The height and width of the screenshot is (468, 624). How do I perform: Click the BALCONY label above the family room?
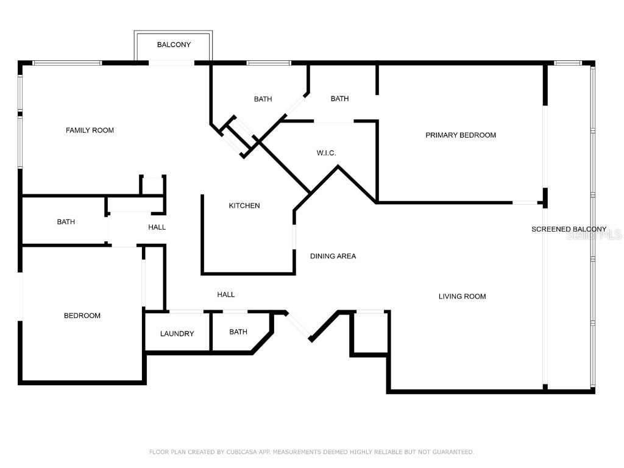click(x=174, y=44)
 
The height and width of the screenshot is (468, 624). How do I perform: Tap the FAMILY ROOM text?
click(x=90, y=130)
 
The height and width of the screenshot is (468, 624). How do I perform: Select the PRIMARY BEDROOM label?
click(x=460, y=135)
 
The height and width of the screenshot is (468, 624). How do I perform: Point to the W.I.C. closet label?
click(x=326, y=153)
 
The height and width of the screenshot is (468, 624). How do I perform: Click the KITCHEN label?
click(x=244, y=206)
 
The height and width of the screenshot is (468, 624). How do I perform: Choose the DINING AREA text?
click(x=333, y=257)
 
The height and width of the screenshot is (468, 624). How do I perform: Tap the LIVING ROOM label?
click(x=462, y=297)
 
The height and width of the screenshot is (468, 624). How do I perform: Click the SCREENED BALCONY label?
click(x=569, y=230)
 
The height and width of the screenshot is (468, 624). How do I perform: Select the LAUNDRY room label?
click(x=177, y=334)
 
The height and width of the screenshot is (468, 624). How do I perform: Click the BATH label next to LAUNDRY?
click(x=238, y=332)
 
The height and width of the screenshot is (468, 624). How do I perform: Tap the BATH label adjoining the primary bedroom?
click(x=339, y=99)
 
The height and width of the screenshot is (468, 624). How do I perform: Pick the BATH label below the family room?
click(x=66, y=222)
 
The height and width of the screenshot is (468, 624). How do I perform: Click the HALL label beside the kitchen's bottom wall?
click(x=226, y=295)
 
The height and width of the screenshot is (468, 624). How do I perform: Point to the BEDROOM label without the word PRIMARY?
click(x=82, y=316)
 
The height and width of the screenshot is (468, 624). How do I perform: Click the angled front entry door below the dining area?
click(x=299, y=325)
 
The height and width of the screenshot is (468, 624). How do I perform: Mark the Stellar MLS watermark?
click(x=594, y=234)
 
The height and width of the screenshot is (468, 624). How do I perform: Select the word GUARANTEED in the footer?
click(x=452, y=452)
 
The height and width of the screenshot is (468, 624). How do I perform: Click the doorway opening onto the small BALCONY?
click(x=172, y=63)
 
